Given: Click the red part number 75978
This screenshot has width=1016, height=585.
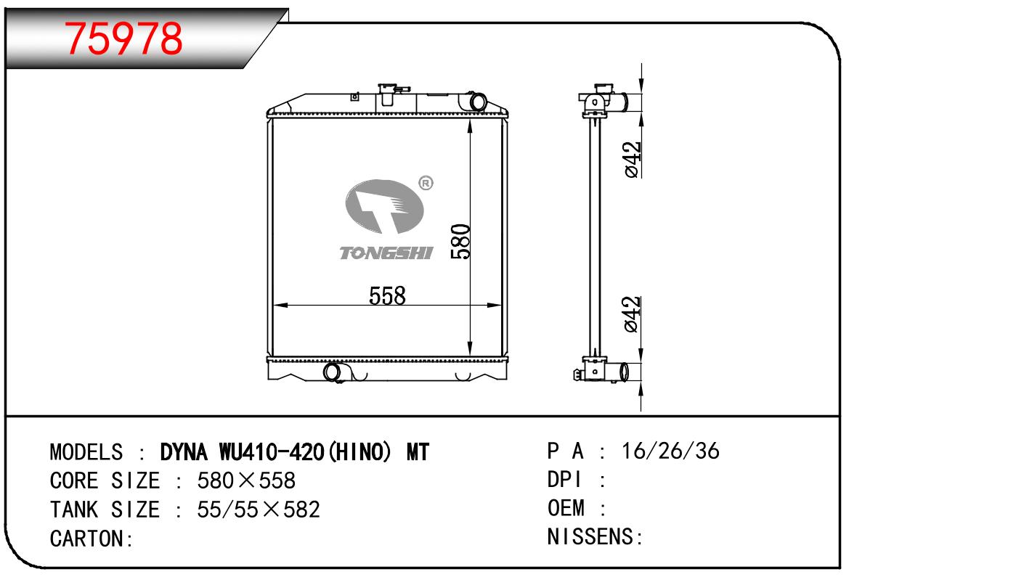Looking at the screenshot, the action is (123, 39).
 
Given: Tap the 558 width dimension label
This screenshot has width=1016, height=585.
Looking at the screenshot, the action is (387, 296).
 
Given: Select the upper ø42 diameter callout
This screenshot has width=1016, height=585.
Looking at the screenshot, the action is (633, 160).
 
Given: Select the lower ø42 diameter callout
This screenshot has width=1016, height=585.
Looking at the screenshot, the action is (633, 314).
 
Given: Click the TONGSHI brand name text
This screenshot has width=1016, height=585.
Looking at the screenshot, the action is (386, 253).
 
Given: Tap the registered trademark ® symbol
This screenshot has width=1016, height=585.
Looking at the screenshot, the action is (426, 183).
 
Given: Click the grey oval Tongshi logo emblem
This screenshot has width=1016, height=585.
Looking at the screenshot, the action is (383, 206).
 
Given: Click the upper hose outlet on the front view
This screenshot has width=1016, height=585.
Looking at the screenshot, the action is (474, 102).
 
